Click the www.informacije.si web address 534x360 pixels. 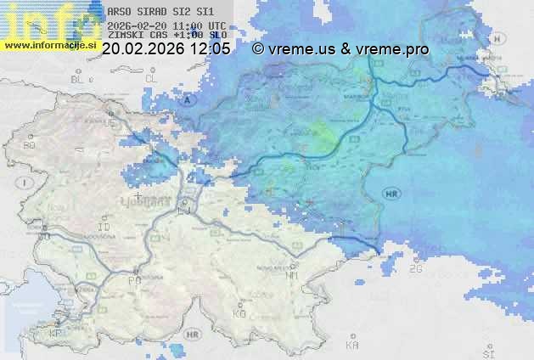tap(49, 45)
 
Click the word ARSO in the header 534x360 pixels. tap(120, 13)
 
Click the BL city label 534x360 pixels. tap(79, 79)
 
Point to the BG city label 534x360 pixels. tap(28, 145)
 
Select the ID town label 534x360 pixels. tap(104, 228)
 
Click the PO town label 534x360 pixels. tap(133, 280)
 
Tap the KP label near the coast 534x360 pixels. tap(55, 334)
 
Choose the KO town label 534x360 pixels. tap(239, 313)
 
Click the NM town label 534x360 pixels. tap(293, 276)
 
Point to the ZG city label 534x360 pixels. tap(415, 268)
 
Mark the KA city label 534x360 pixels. tap(351, 346)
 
